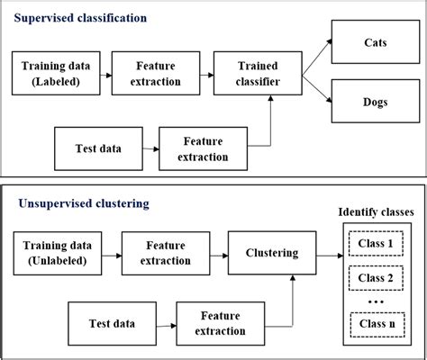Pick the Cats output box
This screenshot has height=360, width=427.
pyautogui.click(x=377, y=41)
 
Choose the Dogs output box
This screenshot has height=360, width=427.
pyautogui.click(x=377, y=102)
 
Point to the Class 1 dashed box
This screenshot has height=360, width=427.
pyautogui.click(x=377, y=242)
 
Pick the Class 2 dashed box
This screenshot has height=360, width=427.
pyautogui.click(x=377, y=279)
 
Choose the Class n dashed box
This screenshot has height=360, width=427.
pyautogui.click(x=377, y=323)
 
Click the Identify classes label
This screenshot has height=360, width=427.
pyautogui.click(x=376, y=212)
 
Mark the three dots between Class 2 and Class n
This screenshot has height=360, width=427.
pyautogui.click(x=376, y=301)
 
